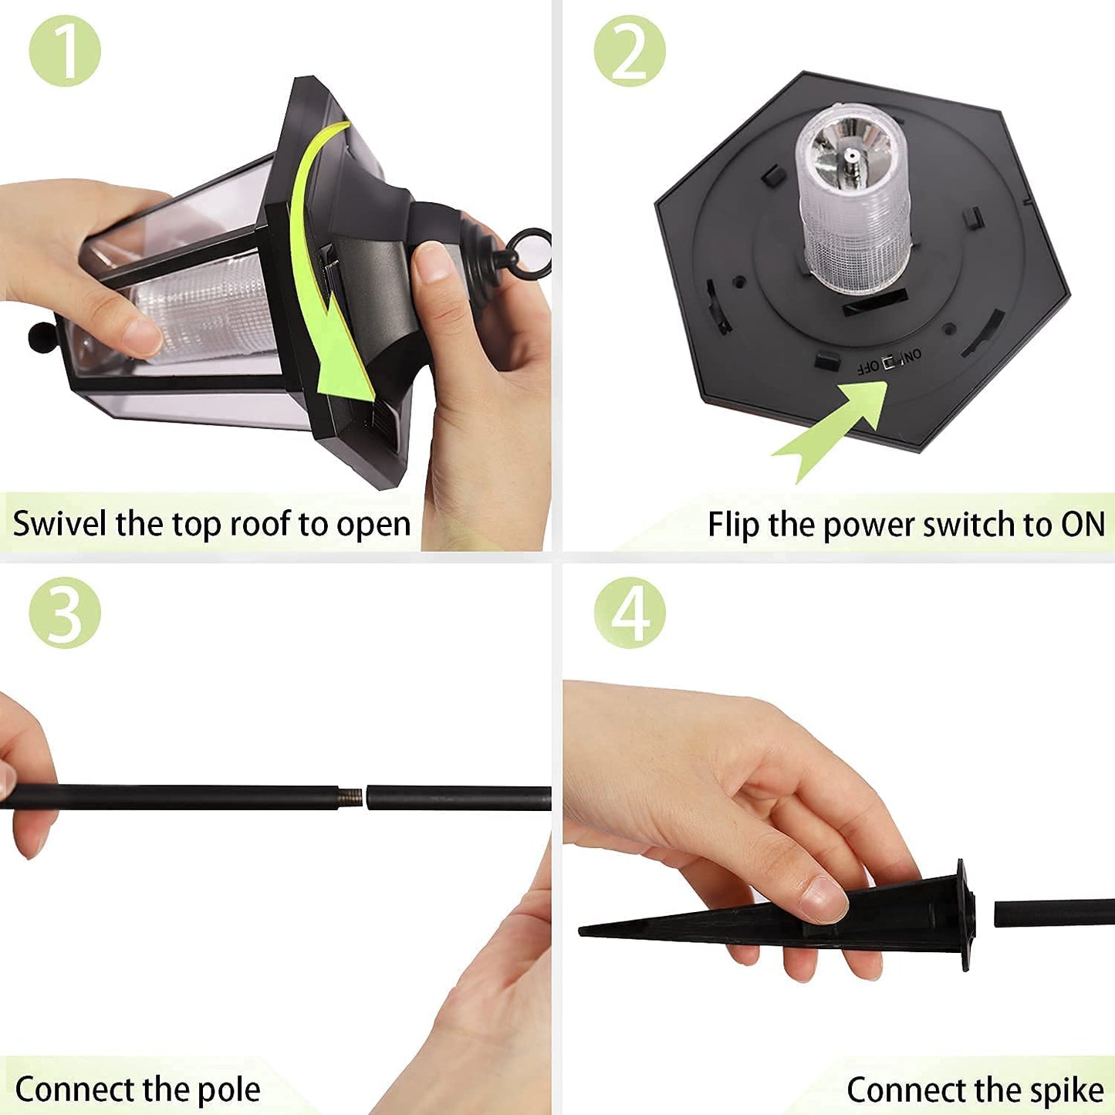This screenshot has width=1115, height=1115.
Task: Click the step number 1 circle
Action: [65, 51]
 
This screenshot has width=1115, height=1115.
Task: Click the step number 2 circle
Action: [630, 51]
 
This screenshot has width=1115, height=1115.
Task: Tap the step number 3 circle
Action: [65, 613]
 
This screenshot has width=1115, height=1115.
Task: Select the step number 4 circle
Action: [630, 613]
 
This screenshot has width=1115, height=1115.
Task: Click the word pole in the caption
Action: [229, 1075]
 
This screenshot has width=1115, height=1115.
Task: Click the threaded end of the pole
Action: [350, 797]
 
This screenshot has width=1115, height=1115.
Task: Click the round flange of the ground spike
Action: [965, 915]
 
